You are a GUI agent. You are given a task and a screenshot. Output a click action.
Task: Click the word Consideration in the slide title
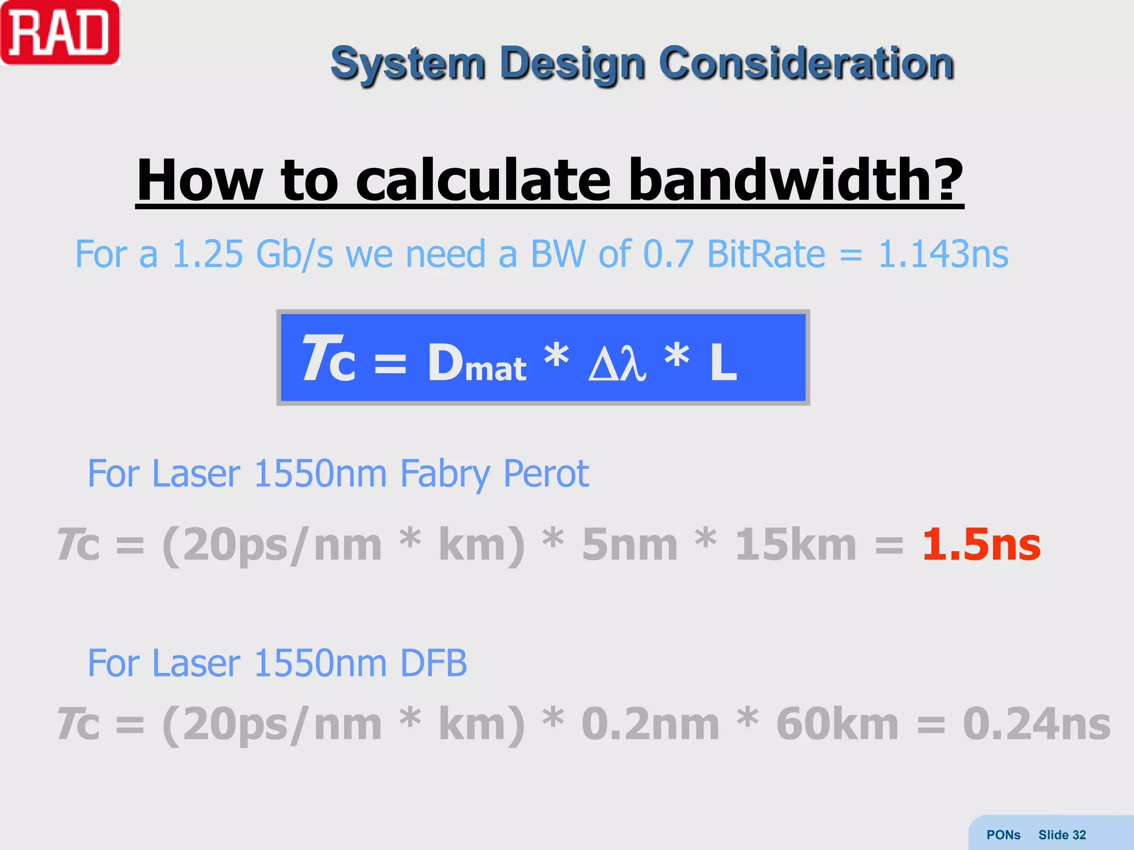coord(806,63)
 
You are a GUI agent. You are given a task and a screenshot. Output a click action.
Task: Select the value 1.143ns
coord(943,254)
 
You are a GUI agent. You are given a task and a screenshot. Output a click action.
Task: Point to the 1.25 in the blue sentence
coord(208,254)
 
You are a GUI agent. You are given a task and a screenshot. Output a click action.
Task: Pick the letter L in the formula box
coord(723,362)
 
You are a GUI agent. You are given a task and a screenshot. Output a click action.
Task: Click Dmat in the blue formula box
coord(477,363)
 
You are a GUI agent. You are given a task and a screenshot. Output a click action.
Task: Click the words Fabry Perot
coord(494,474)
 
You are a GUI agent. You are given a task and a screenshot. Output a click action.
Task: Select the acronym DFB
coord(434,663)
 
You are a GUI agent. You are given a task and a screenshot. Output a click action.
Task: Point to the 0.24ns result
coord(1037,724)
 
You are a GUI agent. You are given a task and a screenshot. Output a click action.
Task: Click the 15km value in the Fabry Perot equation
coord(796,545)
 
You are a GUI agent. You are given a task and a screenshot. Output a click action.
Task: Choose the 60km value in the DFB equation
coord(837,724)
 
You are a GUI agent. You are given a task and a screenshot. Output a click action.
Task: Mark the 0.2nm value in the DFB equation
coord(650,724)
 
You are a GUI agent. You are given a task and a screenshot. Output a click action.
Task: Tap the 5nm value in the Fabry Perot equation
coord(630,545)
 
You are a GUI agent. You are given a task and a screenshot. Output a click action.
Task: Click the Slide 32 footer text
coord(1062,835)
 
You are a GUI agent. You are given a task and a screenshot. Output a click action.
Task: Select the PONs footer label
coord(1003,835)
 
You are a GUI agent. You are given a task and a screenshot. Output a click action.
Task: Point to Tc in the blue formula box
coord(329,360)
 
